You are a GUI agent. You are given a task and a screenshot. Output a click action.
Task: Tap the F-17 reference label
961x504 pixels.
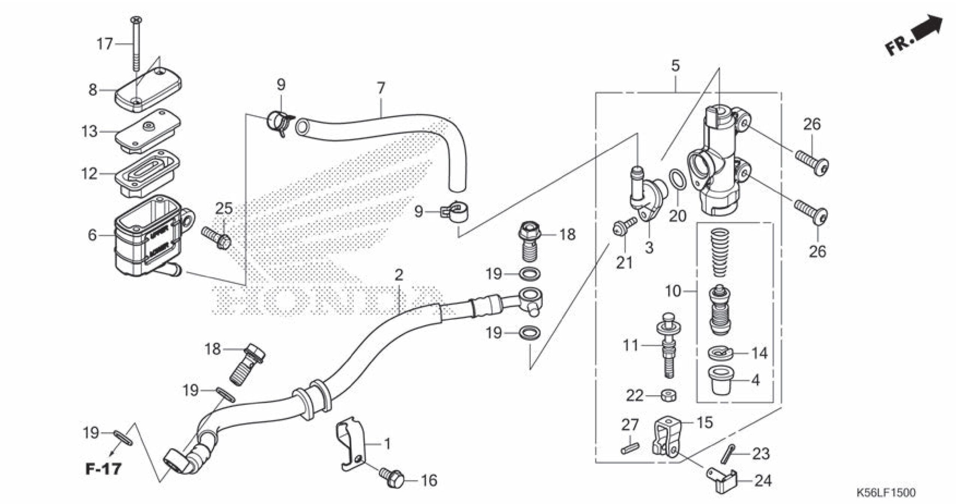[x=104, y=469]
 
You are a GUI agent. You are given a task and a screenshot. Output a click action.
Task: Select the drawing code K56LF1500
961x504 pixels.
[x=886, y=492]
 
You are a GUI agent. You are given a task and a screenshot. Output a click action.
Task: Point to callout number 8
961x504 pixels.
[x=93, y=90]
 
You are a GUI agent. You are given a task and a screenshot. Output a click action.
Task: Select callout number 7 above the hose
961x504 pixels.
[x=381, y=88]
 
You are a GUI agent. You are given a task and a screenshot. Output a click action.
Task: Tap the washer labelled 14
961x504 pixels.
[x=722, y=353]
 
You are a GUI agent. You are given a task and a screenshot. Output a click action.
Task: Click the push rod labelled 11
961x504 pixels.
[x=669, y=349]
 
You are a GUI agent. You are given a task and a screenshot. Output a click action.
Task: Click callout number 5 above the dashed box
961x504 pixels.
[x=675, y=66]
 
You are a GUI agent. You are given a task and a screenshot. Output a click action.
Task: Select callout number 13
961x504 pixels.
[x=89, y=132]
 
